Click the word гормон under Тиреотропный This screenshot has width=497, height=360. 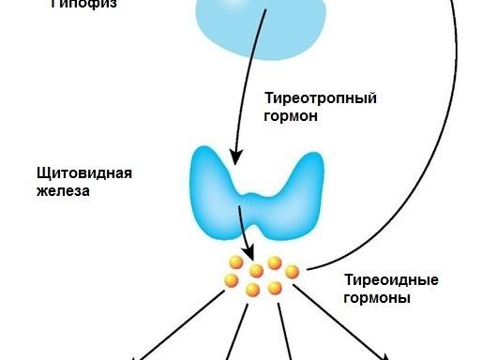[x=292, y=117]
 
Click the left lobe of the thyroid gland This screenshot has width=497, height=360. [x=215, y=187]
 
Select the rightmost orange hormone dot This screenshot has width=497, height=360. [x=292, y=272]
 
